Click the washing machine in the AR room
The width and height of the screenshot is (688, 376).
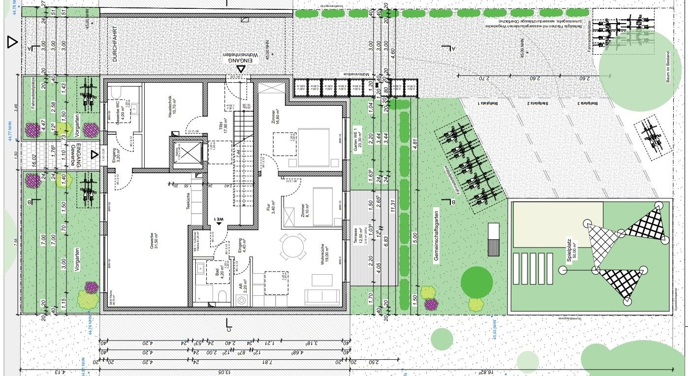[x=242, y=300]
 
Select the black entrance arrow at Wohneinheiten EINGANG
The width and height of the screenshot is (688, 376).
[x=241, y=69]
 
